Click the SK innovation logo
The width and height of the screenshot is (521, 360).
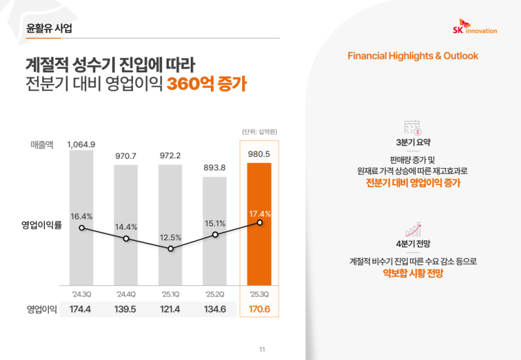[474, 27]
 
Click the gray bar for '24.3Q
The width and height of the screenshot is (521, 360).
[81, 247]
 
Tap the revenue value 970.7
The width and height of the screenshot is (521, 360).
[126, 156]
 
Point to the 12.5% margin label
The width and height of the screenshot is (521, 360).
[170, 237]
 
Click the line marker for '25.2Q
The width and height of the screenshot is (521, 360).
[215, 234]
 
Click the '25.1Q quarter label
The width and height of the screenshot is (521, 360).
[170, 292]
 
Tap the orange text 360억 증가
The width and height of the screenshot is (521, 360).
[206, 85]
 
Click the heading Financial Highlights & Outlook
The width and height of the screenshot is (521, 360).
[413, 55]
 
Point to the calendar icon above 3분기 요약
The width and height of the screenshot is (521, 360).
[413, 126]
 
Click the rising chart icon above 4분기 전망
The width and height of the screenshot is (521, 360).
[413, 228]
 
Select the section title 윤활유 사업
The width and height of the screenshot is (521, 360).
[49, 28]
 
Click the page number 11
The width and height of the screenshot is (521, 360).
[262, 350]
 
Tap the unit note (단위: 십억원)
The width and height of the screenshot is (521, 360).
[259, 132]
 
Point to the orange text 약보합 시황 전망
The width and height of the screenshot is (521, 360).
[413, 274]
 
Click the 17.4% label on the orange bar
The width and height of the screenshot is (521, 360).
[260, 214]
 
